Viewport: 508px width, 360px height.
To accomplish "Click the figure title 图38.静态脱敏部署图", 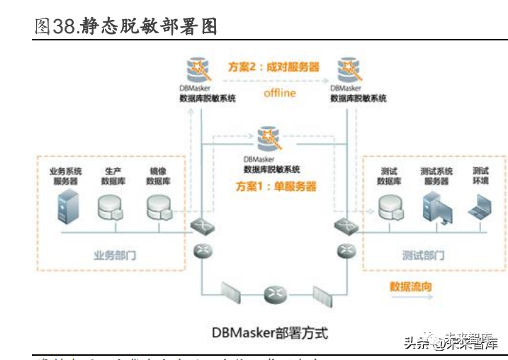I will [x=125, y=26].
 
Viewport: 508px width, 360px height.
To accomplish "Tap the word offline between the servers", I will [x=279, y=93].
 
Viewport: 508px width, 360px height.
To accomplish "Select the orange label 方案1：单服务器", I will [x=276, y=187].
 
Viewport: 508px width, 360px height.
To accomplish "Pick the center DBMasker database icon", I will [x=270, y=138].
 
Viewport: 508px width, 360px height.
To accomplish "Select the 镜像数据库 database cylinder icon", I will [x=157, y=206].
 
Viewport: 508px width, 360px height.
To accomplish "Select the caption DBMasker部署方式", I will [x=270, y=332].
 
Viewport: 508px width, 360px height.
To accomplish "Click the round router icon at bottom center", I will [x=273, y=293].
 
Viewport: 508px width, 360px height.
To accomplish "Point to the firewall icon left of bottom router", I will [x=232, y=293].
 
